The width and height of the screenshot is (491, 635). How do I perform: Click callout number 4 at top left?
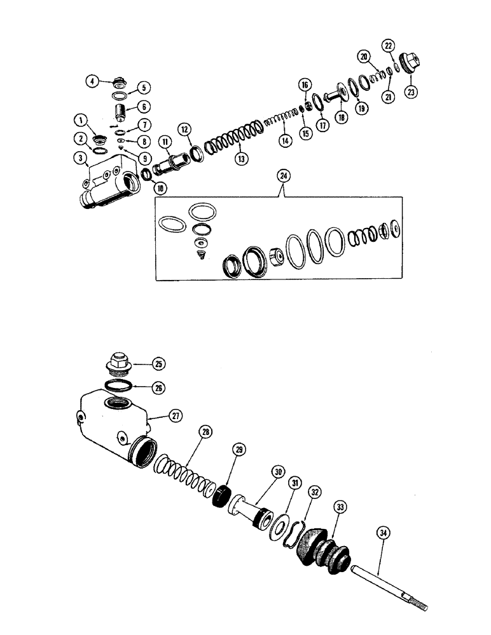tap(92, 81)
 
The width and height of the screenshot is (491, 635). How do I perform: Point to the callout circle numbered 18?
tap(342, 117)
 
